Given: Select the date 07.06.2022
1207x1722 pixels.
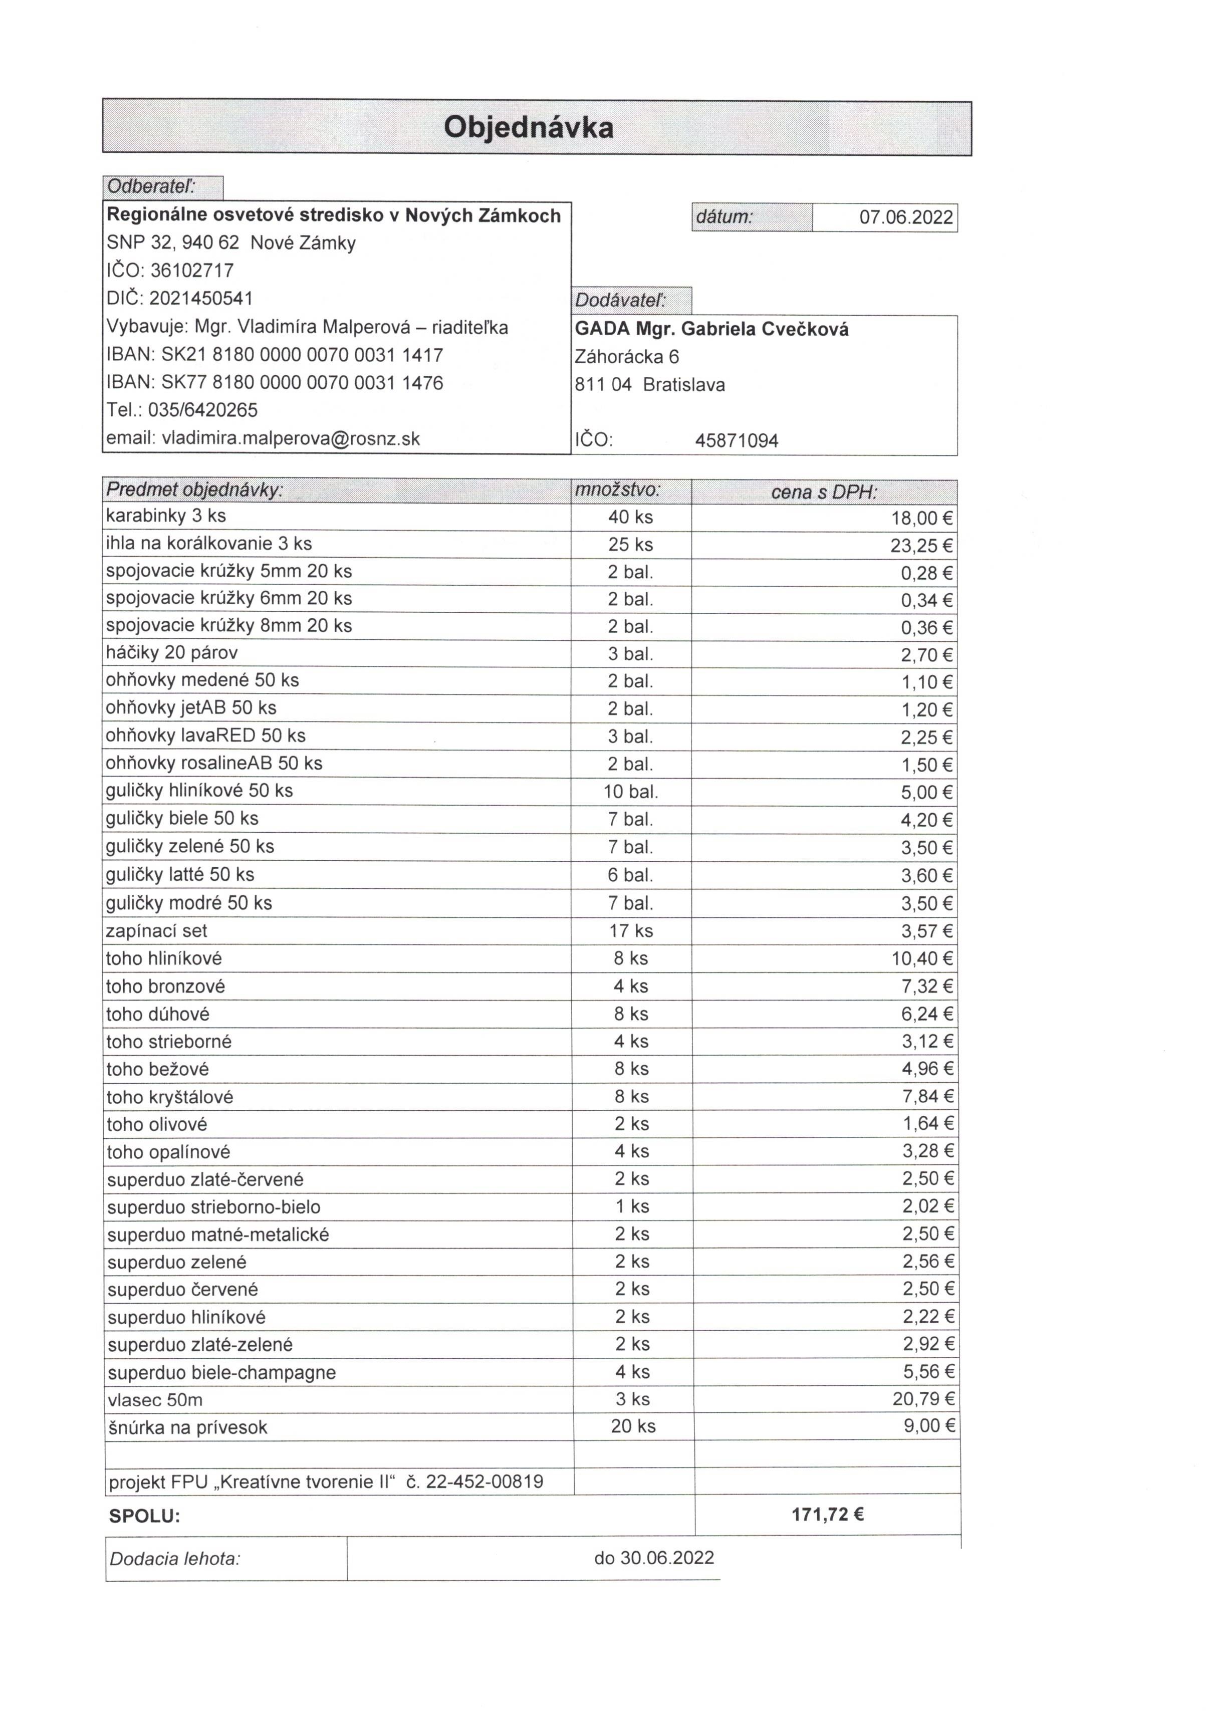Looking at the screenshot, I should click(x=905, y=217).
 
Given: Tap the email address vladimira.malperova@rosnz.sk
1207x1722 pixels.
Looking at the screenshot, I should click(x=290, y=439).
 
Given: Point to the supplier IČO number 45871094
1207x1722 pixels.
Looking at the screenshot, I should click(x=736, y=440).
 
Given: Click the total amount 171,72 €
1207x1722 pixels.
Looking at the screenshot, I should click(x=827, y=1514).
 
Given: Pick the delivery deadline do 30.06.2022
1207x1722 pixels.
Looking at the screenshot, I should click(x=653, y=1558).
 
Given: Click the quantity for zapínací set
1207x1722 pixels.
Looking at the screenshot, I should click(x=630, y=931).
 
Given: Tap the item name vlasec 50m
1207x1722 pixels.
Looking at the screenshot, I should click(x=154, y=1399).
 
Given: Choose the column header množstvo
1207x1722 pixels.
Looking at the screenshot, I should click(x=617, y=490).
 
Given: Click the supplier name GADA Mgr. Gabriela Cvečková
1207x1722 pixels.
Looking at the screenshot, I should click(x=711, y=329).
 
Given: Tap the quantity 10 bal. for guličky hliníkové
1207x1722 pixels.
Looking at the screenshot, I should click(x=630, y=791).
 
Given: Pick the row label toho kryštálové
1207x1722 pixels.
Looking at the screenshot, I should click(x=169, y=1097).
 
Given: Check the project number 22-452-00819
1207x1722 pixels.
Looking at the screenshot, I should click(x=484, y=1481).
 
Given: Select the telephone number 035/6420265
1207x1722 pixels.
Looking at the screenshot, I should click(x=202, y=410).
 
